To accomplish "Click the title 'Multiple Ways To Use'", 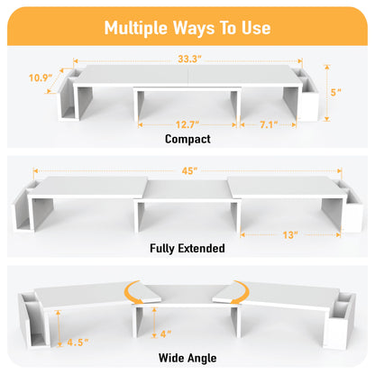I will (187, 27).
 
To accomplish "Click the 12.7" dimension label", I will (187, 123).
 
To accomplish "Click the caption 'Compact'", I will (187, 140).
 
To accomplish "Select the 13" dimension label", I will (289, 235).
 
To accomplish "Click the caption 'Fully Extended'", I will (187, 248).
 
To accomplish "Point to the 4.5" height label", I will (78, 342).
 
